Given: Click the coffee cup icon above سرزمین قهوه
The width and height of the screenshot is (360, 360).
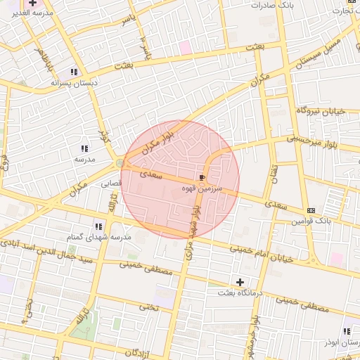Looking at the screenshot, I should click(x=203, y=177).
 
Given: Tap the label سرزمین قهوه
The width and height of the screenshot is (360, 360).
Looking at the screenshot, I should click(x=202, y=188).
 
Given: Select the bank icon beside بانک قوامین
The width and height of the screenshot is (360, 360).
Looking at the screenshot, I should click(x=311, y=210).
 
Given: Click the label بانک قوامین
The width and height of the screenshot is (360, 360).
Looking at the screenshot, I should click(x=311, y=221).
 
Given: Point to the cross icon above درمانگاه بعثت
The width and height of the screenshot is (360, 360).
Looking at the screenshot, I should click(x=240, y=281).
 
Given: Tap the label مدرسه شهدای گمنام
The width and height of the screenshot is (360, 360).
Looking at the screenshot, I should click(x=98, y=237).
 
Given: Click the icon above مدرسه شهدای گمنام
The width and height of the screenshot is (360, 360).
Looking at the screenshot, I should click(x=99, y=226).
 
